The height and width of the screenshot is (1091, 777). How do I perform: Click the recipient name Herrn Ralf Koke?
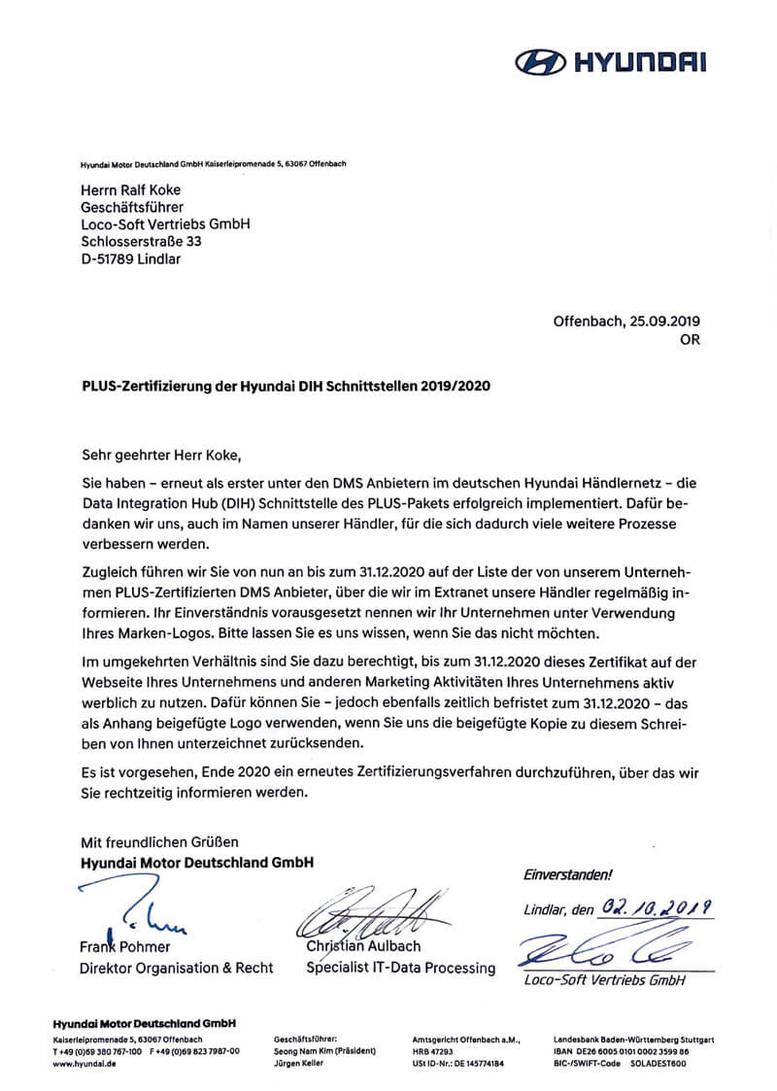tap(129, 189)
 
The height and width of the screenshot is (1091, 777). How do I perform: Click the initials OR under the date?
tap(690, 340)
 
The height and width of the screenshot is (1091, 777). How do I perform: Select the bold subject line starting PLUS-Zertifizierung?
tap(286, 386)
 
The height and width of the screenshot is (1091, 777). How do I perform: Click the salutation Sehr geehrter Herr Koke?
tap(158, 453)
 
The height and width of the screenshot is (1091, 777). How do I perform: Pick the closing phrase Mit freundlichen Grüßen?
tap(158, 841)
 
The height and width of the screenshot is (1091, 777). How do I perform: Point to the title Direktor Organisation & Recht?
tap(176, 968)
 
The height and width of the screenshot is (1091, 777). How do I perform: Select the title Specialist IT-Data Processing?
tap(400, 968)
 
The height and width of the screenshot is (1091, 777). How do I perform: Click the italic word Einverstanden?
tap(568, 874)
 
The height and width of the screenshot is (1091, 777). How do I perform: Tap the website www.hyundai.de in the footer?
tap(84, 1064)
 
